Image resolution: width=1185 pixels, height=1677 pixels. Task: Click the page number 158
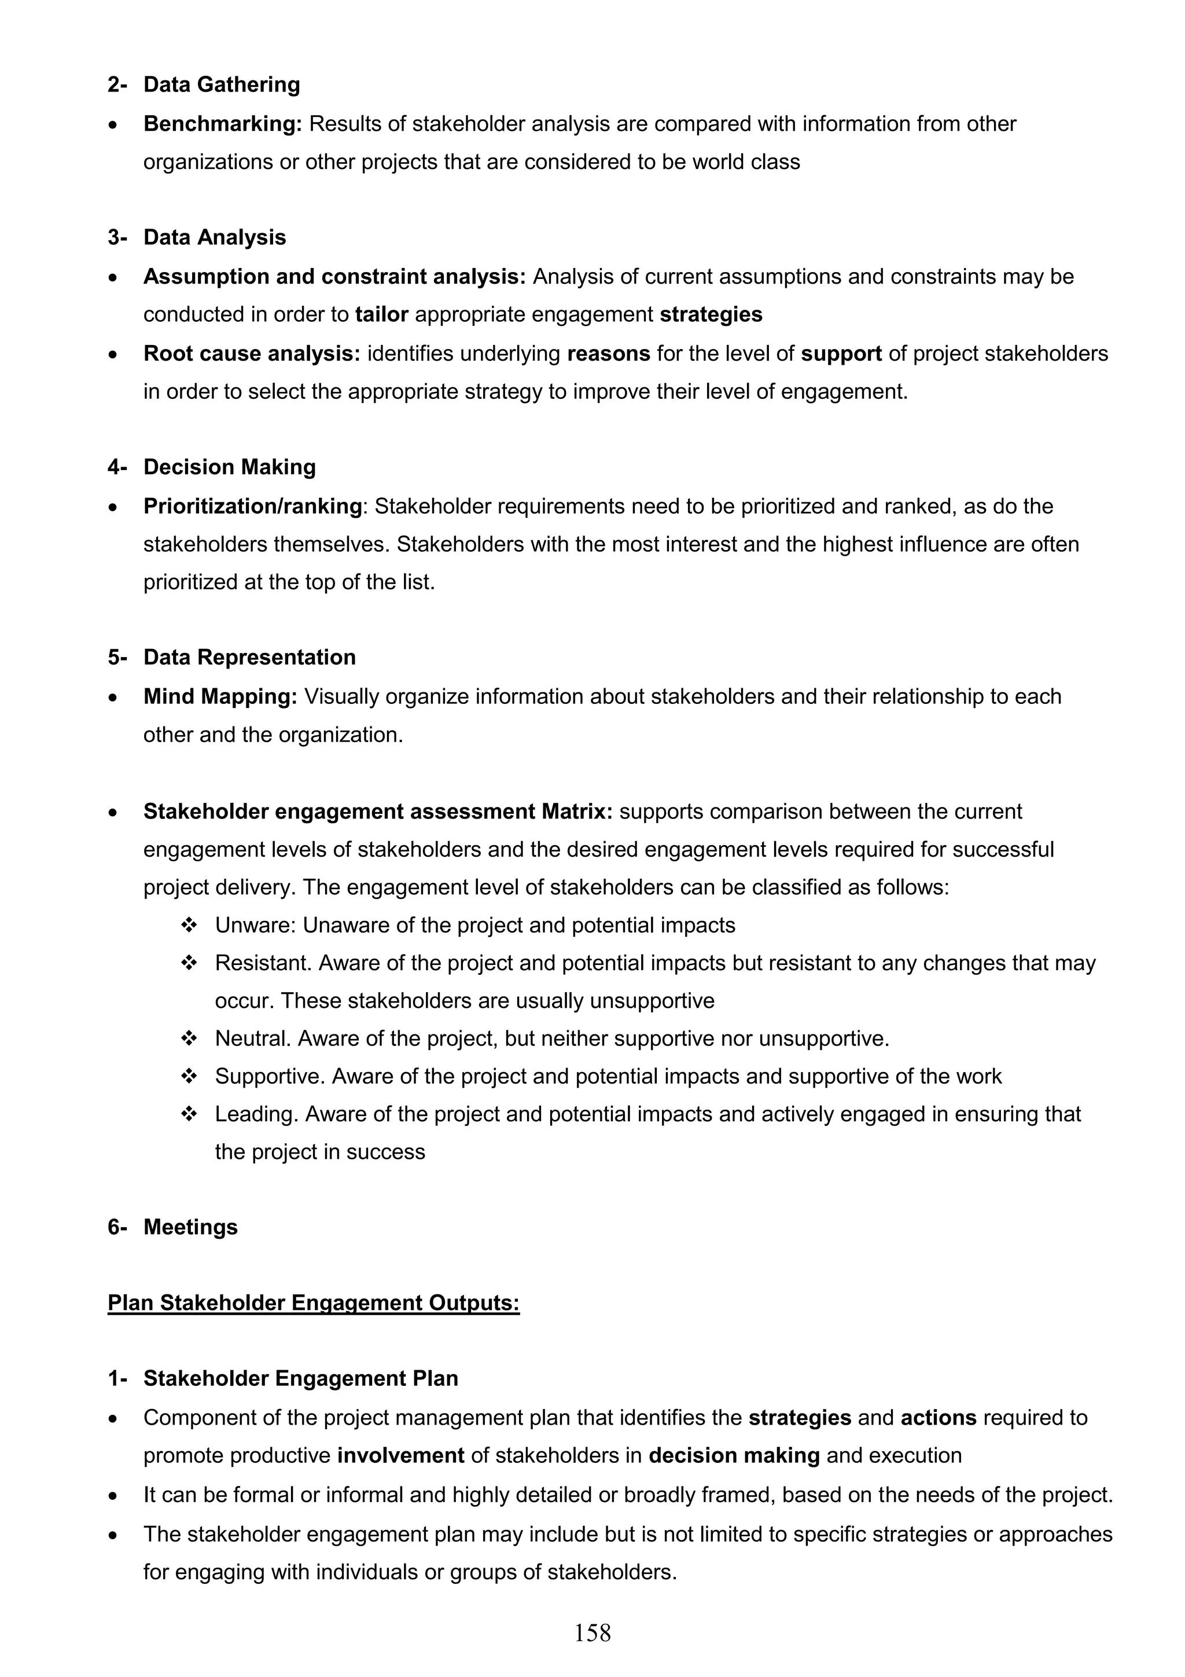pos(592,1632)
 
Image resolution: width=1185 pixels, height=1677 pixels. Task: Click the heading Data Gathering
pos(221,85)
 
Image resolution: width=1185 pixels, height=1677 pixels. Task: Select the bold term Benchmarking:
pos(223,124)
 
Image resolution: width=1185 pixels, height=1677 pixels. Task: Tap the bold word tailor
pos(381,315)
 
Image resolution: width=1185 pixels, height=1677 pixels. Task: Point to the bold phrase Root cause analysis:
pos(252,354)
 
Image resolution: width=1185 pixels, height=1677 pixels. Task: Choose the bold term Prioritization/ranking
pos(253,506)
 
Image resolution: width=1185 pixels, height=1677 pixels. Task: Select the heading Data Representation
pos(249,658)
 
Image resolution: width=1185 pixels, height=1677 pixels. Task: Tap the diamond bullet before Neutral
pos(189,1039)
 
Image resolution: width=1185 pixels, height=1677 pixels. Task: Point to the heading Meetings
pos(190,1227)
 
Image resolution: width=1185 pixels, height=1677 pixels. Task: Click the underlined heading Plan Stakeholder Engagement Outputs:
pos(313,1303)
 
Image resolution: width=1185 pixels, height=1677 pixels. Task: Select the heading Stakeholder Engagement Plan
pos(301,1378)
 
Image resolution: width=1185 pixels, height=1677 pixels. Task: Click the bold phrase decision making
pos(734,1456)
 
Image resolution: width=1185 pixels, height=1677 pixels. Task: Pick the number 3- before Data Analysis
pos(117,237)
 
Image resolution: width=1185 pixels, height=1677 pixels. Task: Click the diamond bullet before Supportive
pos(189,1077)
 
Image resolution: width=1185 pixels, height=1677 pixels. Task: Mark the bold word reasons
pos(608,354)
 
